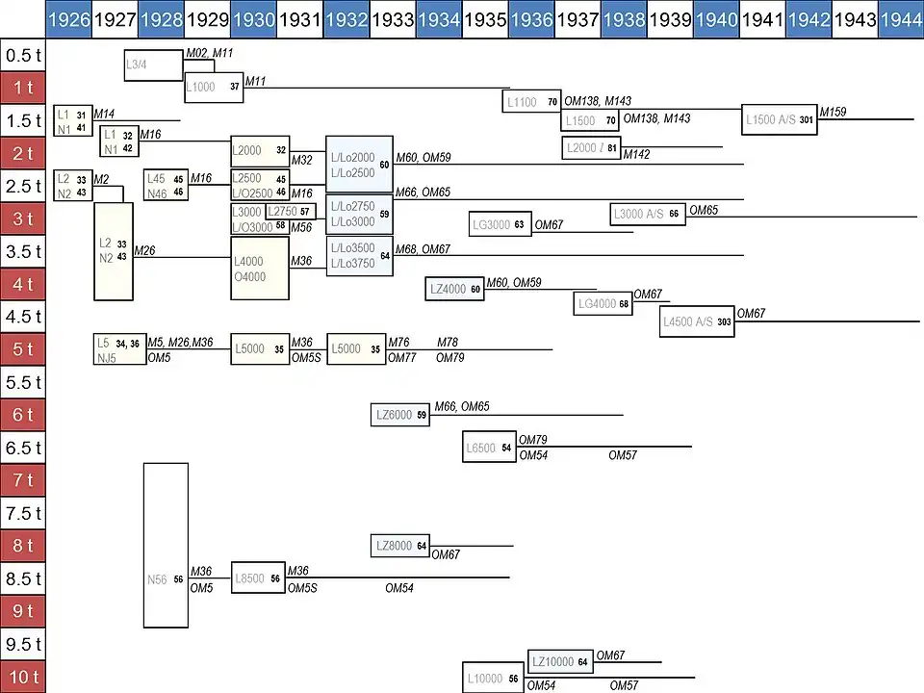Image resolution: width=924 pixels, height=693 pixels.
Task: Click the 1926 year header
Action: point(69,19)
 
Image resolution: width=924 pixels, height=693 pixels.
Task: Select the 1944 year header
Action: point(901,19)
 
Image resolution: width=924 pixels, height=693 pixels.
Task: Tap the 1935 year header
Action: point(485,19)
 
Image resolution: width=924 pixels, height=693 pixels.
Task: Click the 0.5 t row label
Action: point(22,56)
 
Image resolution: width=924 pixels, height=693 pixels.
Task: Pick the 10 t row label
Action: point(22,677)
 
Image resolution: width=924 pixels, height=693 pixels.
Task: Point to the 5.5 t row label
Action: point(22,382)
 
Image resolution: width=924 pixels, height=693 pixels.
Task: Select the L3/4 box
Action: point(153,65)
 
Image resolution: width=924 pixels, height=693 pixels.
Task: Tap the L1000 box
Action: point(213,87)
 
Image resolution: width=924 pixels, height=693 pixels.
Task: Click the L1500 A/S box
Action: point(780,119)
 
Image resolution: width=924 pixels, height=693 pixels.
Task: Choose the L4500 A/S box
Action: point(698,322)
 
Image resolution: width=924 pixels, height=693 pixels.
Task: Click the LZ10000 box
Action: point(560,662)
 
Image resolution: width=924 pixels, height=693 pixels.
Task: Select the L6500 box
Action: point(490,448)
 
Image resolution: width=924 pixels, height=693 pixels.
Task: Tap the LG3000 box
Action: point(500,225)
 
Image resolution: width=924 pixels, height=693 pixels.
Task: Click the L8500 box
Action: point(258,578)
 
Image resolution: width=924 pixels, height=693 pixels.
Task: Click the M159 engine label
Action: point(834,113)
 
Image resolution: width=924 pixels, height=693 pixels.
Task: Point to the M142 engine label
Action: point(637,155)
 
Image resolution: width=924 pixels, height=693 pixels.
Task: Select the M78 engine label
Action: point(449,343)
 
